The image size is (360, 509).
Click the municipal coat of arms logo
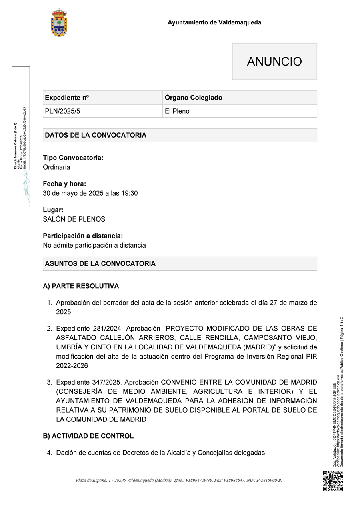(59, 23)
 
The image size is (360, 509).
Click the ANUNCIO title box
(274, 62)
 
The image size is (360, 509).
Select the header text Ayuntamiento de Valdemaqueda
(214, 22)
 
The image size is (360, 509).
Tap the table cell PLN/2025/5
(62, 111)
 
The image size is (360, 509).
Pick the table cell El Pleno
(177, 111)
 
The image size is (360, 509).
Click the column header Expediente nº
(67, 98)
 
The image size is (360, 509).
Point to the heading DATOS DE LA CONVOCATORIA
(96, 135)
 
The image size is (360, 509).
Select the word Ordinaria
(56, 167)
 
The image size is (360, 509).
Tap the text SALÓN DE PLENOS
(74, 219)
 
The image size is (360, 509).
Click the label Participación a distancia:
(83, 236)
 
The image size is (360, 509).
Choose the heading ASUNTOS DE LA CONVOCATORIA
(100, 264)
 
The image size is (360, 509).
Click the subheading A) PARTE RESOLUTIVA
(81, 286)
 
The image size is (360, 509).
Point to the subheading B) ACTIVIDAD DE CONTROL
(88, 436)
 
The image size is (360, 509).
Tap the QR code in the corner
(333, 481)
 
